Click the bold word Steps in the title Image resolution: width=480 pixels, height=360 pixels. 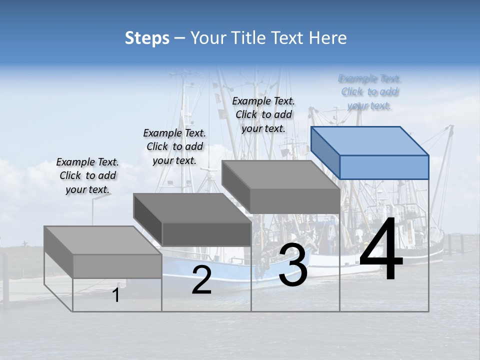pos(147,38)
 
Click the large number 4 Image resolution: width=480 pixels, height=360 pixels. pos(381,250)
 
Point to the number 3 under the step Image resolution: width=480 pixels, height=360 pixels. pos(293,265)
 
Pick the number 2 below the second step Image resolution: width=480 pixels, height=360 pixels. pos(201,280)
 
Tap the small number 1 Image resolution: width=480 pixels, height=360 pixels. pos(116,295)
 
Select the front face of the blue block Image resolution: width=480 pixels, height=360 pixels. pos(384,167)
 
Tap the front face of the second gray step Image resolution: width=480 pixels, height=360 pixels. pos(206,234)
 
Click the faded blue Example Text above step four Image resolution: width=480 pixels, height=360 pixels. pos(369,92)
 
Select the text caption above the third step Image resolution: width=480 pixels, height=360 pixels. pos(263,114)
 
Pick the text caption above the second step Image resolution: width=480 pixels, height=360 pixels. pos(174,146)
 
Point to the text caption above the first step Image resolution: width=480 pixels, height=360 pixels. pos(87,175)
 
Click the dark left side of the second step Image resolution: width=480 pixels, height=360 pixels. pos(148,219)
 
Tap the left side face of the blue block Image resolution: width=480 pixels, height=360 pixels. pos(325,153)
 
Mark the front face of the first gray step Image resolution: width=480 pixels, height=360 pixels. pos(117,266)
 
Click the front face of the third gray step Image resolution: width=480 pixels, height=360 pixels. pos(295,201)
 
